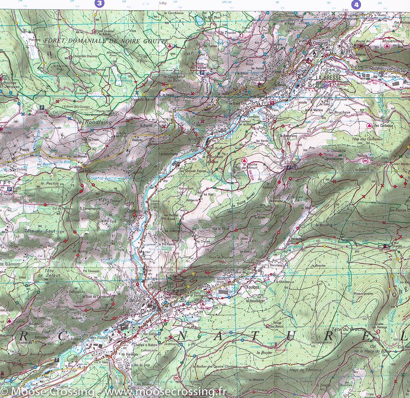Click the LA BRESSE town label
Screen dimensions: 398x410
tap(327, 78)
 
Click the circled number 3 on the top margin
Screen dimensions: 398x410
tap(99, 4)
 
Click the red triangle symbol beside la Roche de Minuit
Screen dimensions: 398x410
tap(244, 160)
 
